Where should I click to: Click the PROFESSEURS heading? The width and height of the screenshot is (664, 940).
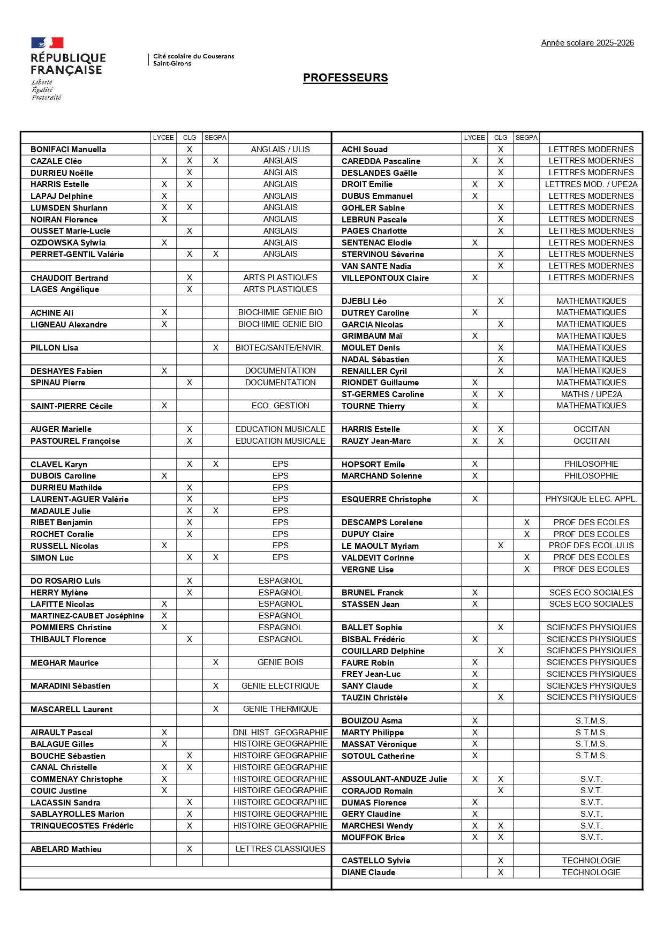click(345, 78)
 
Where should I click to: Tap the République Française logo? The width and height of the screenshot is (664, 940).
click(68, 68)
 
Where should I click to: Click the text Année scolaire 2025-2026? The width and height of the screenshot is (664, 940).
click(587, 43)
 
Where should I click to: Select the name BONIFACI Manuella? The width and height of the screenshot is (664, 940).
click(68, 150)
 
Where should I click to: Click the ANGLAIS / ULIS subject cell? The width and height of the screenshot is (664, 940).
click(280, 150)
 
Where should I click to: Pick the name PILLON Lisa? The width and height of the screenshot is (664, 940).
click(54, 348)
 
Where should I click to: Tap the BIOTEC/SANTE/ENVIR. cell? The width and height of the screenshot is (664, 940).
click(280, 348)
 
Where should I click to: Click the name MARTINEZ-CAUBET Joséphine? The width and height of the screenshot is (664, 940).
click(87, 616)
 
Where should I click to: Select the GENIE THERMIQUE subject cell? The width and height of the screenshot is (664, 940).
click(280, 709)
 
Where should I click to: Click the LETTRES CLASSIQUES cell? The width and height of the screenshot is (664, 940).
click(280, 849)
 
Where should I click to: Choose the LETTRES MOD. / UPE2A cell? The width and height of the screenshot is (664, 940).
click(591, 184)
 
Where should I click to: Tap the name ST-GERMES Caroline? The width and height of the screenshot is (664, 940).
click(382, 394)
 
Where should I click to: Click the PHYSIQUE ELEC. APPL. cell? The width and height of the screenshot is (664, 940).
click(591, 499)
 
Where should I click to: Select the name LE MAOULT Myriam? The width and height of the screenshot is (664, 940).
click(380, 546)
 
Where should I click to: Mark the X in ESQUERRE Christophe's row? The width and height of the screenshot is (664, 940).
click(474, 499)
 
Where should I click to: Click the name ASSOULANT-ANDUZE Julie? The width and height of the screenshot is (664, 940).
click(394, 779)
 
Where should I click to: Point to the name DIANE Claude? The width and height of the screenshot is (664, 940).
click(368, 872)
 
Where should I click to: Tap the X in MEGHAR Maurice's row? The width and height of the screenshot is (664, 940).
click(215, 662)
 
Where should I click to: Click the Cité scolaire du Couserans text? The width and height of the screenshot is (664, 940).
click(193, 56)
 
